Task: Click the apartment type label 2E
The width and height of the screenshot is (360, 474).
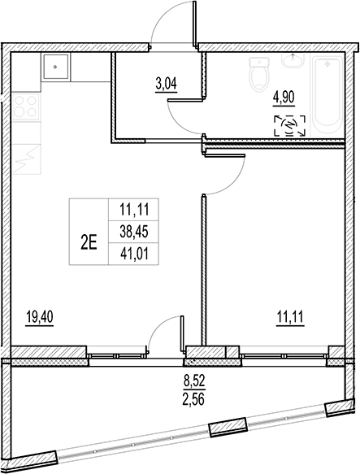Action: coord(89,241)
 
